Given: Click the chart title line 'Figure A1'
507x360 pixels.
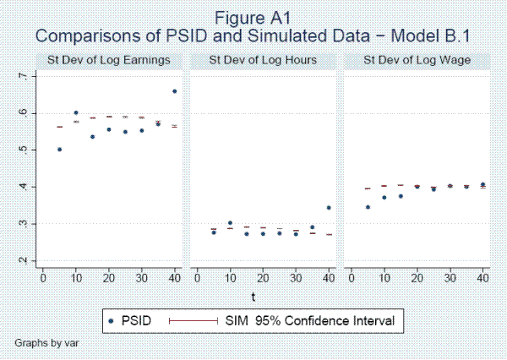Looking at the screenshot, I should point(253,17).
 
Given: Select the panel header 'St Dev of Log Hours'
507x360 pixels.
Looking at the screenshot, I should point(263,60).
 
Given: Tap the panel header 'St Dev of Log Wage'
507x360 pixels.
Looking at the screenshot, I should point(416,60).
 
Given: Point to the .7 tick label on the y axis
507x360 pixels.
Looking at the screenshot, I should point(23,76).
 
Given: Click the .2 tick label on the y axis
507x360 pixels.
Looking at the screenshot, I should point(23,260).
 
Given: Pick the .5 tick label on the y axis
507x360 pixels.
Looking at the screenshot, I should point(23,150).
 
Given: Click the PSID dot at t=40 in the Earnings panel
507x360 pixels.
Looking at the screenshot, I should point(174,91).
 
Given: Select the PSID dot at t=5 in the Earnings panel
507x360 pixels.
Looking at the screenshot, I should point(59,149).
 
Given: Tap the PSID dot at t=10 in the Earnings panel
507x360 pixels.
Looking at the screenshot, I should point(76,112).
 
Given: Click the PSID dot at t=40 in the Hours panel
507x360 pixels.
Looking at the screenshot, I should point(328,207).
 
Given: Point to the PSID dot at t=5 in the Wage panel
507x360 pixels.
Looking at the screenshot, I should point(367,206).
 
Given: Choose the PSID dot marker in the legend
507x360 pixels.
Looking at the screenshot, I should point(113,320).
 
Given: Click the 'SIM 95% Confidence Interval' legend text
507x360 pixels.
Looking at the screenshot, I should point(313,320).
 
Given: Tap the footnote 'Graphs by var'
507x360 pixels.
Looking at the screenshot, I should point(45,345).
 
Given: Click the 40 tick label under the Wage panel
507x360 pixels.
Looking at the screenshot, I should point(482,277).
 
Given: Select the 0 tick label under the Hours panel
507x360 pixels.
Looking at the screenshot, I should point(197,277).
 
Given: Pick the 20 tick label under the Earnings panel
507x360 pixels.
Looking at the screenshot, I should point(109,277).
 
